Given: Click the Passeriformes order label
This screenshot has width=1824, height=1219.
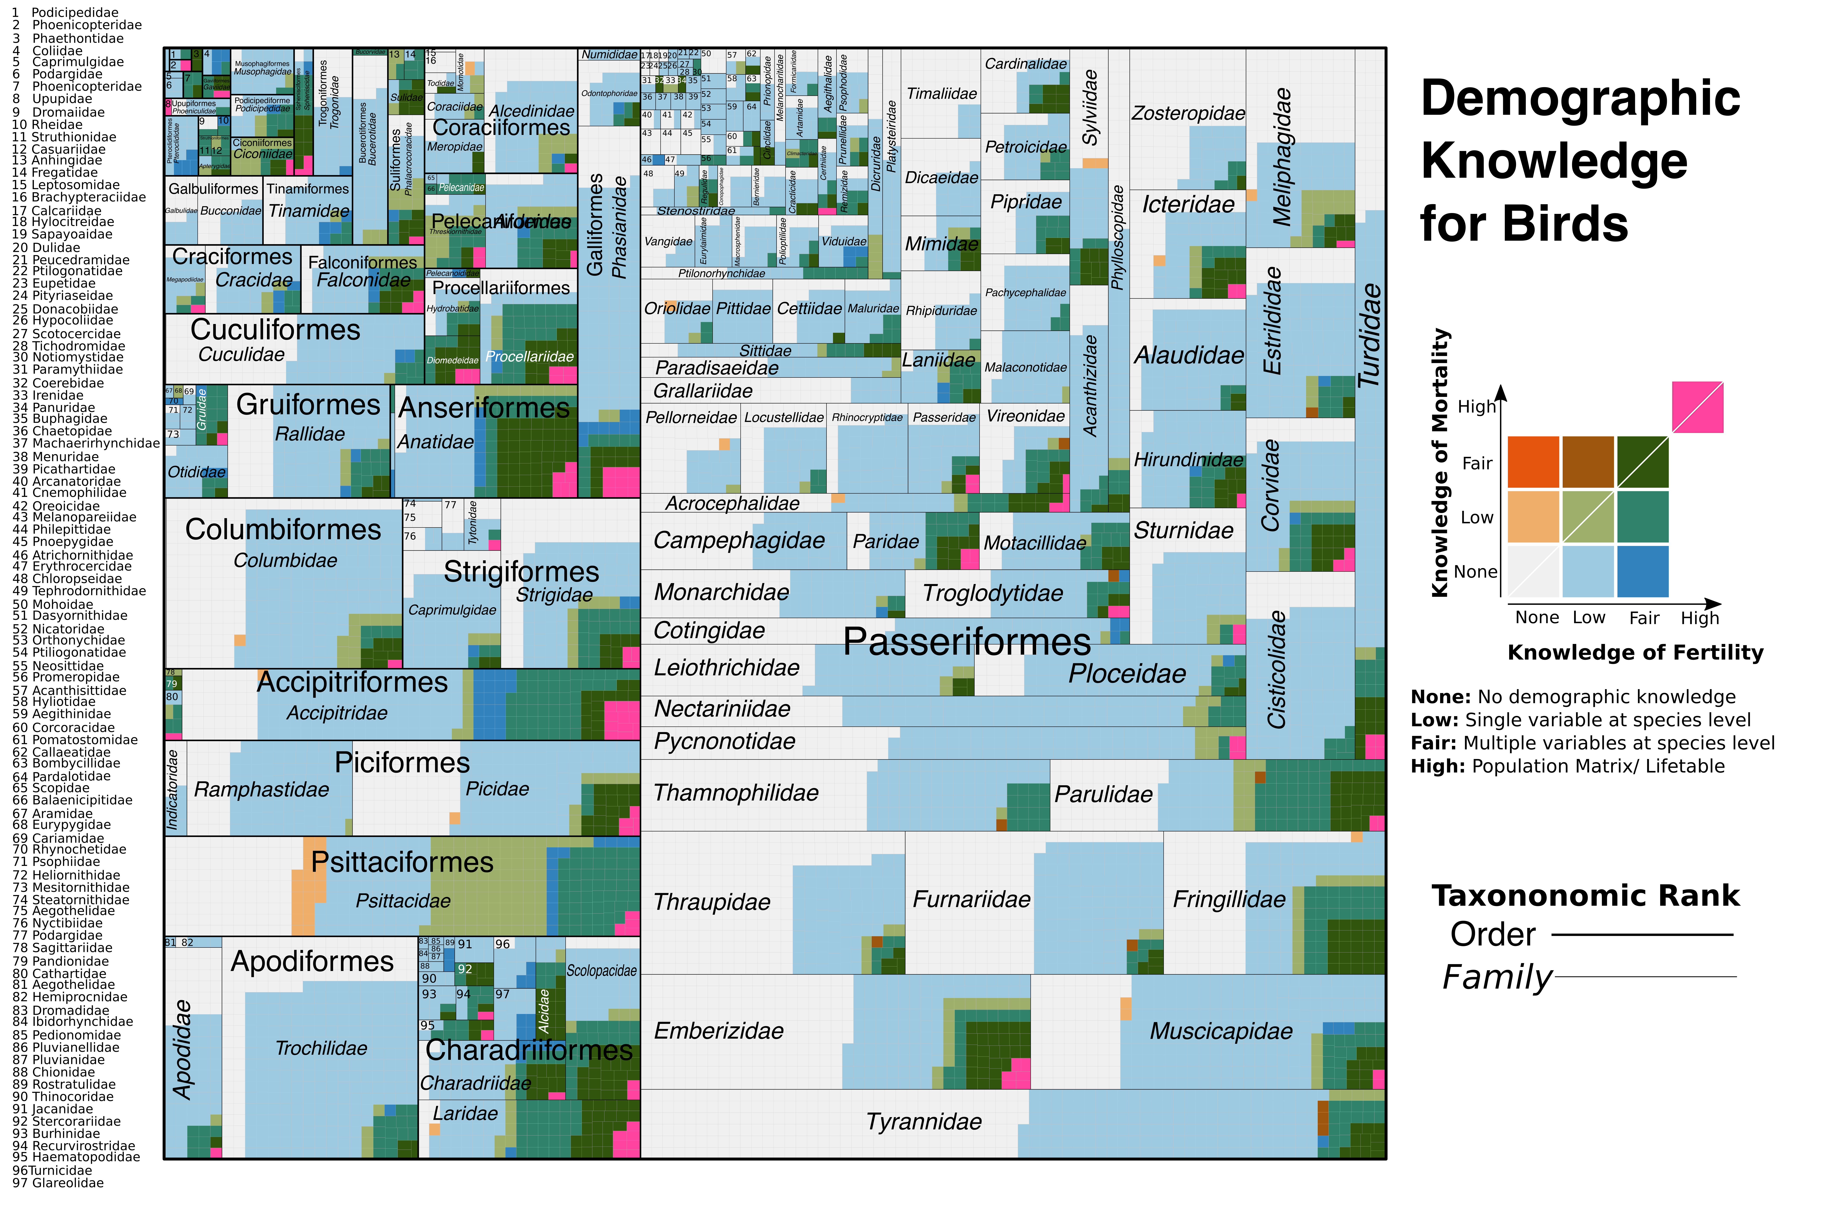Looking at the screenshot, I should tap(967, 642).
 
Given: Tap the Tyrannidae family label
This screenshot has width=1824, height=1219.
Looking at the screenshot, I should tap(924, 1122).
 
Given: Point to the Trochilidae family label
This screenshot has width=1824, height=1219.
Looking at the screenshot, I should tap(321, 1049).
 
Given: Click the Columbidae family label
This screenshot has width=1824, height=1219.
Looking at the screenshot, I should tap(285, 561).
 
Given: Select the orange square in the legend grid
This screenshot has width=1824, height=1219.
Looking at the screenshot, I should tap(1533, 462).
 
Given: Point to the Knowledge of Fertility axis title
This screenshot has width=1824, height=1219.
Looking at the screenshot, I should tap(1635, 653).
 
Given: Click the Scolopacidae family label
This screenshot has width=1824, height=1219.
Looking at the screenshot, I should tap(601, 971).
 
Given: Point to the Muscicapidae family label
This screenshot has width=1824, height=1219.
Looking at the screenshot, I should tap(1221, 1032).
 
